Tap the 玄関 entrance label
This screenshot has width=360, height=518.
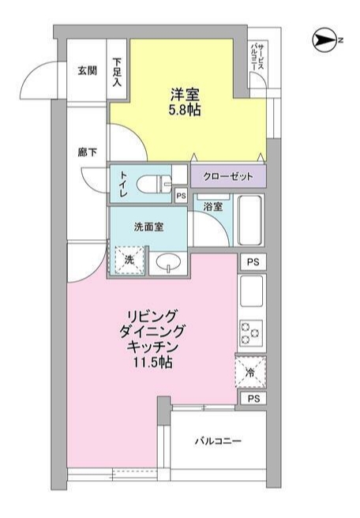coord(87,70)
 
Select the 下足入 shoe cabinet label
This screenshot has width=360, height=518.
coord(118,70)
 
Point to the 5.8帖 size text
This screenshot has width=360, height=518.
coord(184,110)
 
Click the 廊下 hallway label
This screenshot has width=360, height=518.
coord(87,152)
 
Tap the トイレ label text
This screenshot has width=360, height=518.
coord(123,183)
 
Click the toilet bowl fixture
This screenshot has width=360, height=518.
coord(152,184)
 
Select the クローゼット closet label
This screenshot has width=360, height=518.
coord(227,176)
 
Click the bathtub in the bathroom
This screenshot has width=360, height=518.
coord(250,221)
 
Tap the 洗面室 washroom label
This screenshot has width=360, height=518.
coord(148,226)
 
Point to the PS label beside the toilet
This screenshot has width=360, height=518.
coord(180,197)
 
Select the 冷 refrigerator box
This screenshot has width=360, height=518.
coord(251,370)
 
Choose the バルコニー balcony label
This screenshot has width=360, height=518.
coord(219,441)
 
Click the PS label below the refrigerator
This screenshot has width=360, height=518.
coord(253,399)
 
